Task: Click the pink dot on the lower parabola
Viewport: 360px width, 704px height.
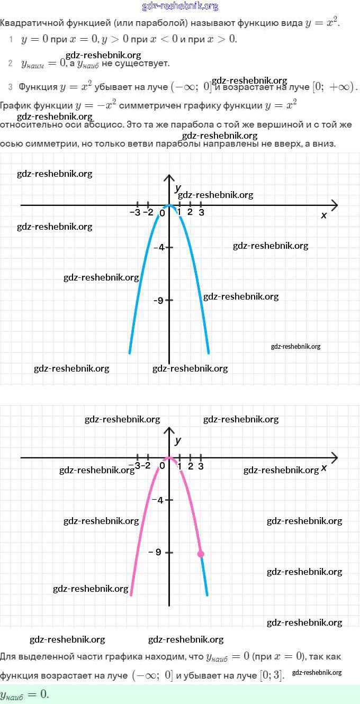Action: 201,554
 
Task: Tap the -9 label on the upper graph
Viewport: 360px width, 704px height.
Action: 158,300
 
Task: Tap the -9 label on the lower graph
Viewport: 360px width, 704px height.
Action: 155,552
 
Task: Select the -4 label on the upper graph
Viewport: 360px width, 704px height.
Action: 158,247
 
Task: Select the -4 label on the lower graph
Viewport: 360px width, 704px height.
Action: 157,500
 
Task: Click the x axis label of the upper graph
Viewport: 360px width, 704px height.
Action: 324,215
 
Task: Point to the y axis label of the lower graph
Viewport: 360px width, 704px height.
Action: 178,440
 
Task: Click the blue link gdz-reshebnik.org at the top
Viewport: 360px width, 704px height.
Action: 180,6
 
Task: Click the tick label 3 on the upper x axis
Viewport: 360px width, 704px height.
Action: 201,213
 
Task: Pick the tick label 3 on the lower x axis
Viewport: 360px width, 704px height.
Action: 201,466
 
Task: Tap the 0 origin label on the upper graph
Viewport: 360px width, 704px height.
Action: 163,213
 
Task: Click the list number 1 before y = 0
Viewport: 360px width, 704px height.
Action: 11,39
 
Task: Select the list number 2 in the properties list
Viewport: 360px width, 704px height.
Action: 11,64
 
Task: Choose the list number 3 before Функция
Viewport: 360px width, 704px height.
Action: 11,87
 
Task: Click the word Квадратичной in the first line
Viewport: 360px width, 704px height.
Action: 26,24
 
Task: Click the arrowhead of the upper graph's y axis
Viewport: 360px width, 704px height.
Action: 169,177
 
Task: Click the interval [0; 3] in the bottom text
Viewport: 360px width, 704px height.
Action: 271,675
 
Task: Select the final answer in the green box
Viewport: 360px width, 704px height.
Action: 24,694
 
